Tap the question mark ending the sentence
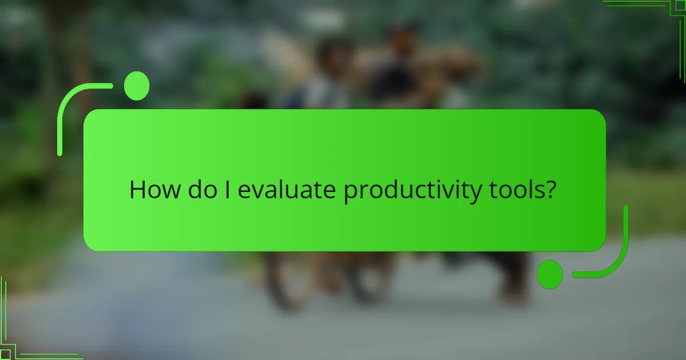549,190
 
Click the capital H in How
138,190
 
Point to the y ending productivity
476,193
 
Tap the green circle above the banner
137,86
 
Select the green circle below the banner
550,274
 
